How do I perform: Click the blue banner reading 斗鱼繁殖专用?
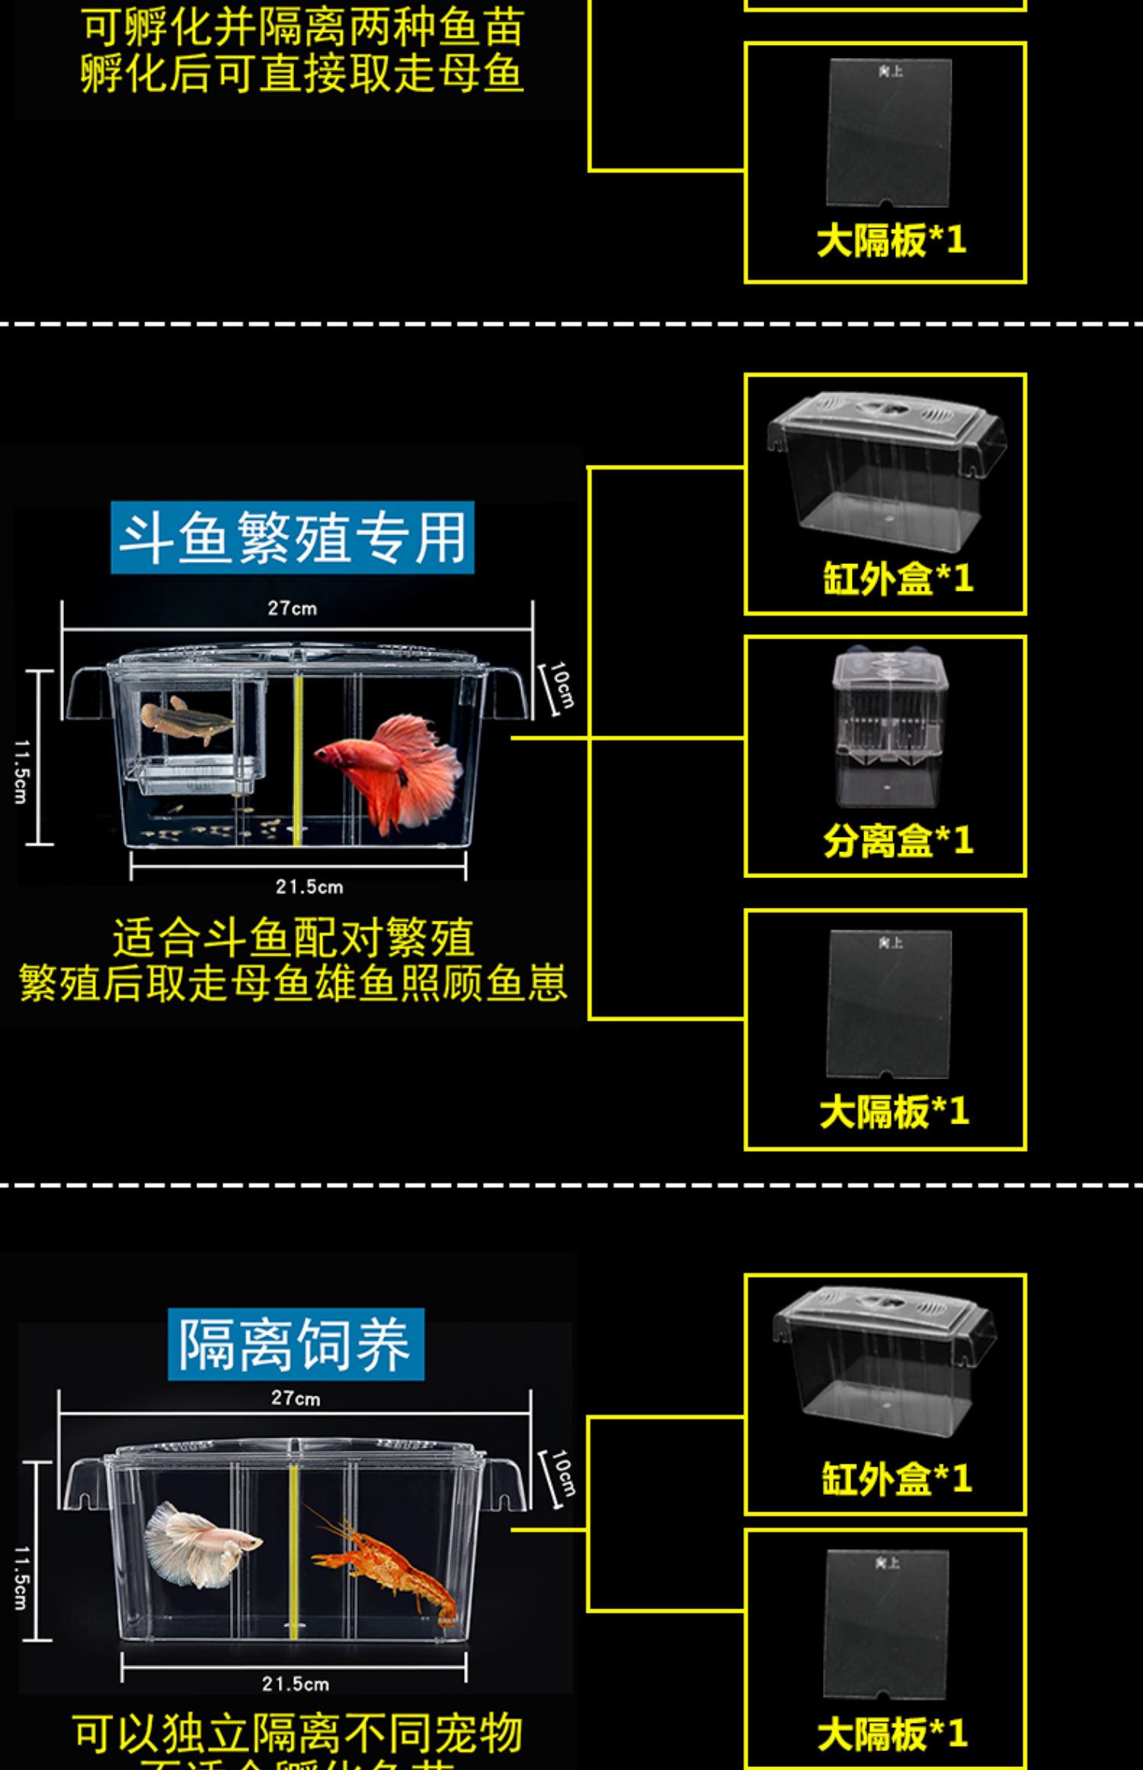click(293, 537)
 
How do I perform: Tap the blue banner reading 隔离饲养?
click(296, 1344)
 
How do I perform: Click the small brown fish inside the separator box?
click(187, 715)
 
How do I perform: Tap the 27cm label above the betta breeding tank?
click(292, 608)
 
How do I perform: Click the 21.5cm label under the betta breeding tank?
click(309, 887)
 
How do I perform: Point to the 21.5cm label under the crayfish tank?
click(296, 1684)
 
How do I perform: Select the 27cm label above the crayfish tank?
click(296, 1398)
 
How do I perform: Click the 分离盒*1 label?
click(898, 841)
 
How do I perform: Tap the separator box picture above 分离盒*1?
click(888, 728)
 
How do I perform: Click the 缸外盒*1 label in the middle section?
click(898, 579)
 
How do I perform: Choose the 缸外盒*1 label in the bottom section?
click(896, 1479)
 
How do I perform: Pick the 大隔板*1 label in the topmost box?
click(892, 240)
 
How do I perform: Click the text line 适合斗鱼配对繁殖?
click(293, 938)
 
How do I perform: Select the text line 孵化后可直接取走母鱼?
click(302, 74)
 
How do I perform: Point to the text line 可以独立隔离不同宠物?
click(297, 1734)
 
